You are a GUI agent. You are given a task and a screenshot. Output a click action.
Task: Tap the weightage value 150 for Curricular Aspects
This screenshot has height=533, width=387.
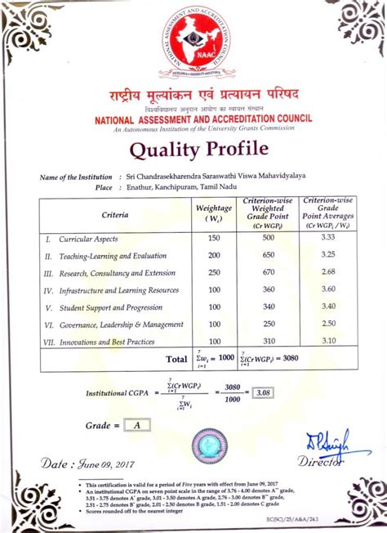[x=215, y=238]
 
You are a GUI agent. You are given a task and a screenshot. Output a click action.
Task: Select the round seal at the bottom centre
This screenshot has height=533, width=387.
[x=207, y=446]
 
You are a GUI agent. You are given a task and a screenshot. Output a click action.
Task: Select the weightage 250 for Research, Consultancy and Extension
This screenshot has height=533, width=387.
[x=215, y=272]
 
